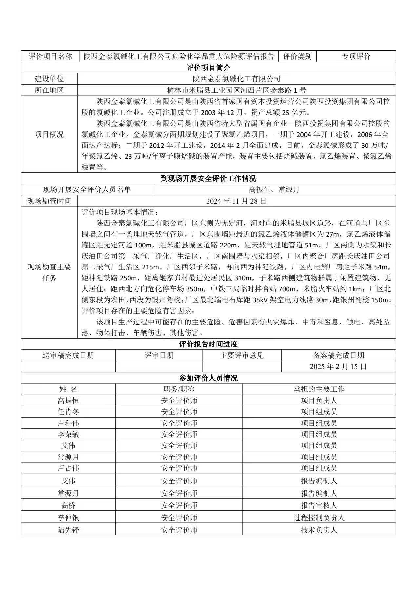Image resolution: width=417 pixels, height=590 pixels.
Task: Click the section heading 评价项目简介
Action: click(x=208, y=68)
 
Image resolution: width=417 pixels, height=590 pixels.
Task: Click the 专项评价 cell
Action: click(x=356, y=56)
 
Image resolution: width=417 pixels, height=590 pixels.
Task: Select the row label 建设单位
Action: click(x=49, y=79)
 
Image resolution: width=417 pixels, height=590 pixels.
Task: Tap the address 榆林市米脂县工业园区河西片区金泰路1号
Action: click(x=236, y=90)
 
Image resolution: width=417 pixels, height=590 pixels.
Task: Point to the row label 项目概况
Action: click(x=49, y=134)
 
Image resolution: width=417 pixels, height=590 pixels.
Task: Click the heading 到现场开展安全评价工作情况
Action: click(x=208, y=178)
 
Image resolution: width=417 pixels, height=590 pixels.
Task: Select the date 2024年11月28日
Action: click(x=236, y=201)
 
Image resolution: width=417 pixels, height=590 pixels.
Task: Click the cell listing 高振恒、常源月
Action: click(x=274, y=189)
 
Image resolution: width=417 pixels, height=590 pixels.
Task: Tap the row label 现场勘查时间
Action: click(x=49, y=201)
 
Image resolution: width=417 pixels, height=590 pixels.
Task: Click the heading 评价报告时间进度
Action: click(x=208, y=344)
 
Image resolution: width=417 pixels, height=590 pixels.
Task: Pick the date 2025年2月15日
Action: click(x=338, y=366)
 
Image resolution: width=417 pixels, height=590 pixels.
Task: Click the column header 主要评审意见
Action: click(x=242, y=355)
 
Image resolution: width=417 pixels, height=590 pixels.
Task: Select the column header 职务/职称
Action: click(x=179, y=389)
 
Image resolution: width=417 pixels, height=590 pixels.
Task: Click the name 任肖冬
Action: click(x=68, y=412)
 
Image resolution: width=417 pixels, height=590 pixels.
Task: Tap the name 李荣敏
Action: click(x=68, y=434)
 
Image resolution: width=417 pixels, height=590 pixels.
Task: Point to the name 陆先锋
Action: click(x=68, y=530)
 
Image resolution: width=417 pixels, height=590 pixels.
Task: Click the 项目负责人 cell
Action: click(x=319, y=401)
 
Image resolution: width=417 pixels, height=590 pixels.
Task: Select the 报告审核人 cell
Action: click(x=319, y=505)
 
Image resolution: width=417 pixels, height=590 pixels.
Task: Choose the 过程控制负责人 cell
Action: click(x=319, y=518)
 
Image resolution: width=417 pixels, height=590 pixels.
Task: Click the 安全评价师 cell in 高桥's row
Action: click(x=179, y=505)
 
